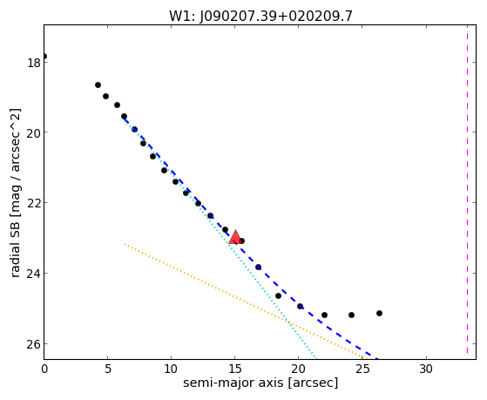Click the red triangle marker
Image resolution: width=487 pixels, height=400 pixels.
pos(235,237)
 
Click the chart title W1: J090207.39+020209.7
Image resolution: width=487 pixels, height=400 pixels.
pos(260,17)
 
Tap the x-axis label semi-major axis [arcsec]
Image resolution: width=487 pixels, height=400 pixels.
pos(260,383)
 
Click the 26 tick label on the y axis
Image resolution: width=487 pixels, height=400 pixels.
pos(33,344)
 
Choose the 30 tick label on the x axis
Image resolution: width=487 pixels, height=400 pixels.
pos(426,369)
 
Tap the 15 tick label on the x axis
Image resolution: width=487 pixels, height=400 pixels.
pos(235,369)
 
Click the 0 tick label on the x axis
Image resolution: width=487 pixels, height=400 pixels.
pos(44,369)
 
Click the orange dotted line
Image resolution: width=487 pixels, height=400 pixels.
pos(243,301)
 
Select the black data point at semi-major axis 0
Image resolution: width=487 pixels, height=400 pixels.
pos(44,57)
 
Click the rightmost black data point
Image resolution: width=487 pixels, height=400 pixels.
pos(379,313)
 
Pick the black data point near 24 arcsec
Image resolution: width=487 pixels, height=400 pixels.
pos(351,315)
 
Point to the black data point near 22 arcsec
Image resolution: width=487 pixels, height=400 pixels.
pos(324,315)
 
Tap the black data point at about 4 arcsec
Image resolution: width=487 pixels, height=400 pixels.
pos(98,85)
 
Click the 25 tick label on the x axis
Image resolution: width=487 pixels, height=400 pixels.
pos(362,369)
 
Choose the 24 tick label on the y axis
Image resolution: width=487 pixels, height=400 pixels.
pos(33,274)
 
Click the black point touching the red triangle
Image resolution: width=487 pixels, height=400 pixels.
pos(241,241)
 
